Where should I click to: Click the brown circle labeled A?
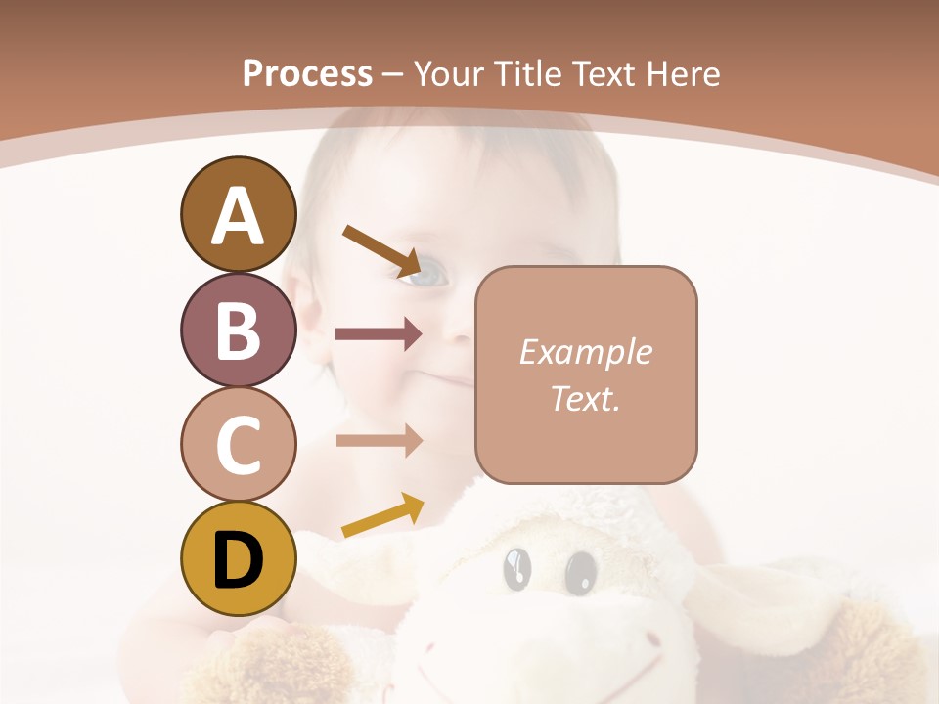coord(238,214)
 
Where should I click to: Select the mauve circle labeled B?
coord(238,330)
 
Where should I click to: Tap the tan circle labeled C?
coord(238,444)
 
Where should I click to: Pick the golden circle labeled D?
coord(238,559)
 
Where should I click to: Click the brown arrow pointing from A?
coord(382,250)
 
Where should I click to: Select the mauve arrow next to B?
coord(379,334)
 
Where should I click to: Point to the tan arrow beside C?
coord(379,440)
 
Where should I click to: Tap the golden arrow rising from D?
coord(382,515)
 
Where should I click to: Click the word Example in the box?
coord(585,352)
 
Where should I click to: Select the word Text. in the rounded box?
coord(585,398)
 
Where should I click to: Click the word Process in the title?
coord(307,74)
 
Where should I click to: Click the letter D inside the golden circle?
coord(238,560)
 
